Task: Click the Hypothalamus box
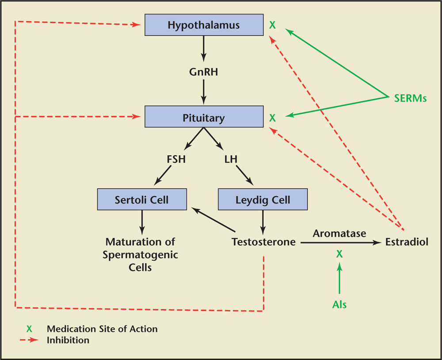click(x=203, y=25)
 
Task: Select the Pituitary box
click(x=203, y=118)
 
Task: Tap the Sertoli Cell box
click(x=142, y=200)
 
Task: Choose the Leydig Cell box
click(x=263, y=200)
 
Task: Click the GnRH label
click(x=203, y=72)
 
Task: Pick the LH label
click(x=231, y=159)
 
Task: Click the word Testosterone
click(x=263, y=242)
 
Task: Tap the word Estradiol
click(x=407, y=242)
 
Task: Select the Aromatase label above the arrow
click(x=339, y=233)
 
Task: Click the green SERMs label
click(x=411, y=99)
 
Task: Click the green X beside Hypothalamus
click(x=273, y=25)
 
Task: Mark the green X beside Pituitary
click(x=273, y=118)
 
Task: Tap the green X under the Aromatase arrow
click(x=339, y=254)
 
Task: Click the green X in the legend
click(x=29, y=329)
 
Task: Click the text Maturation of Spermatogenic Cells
click(x=140, y=255)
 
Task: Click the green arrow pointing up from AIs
click(x=339, y=279)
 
